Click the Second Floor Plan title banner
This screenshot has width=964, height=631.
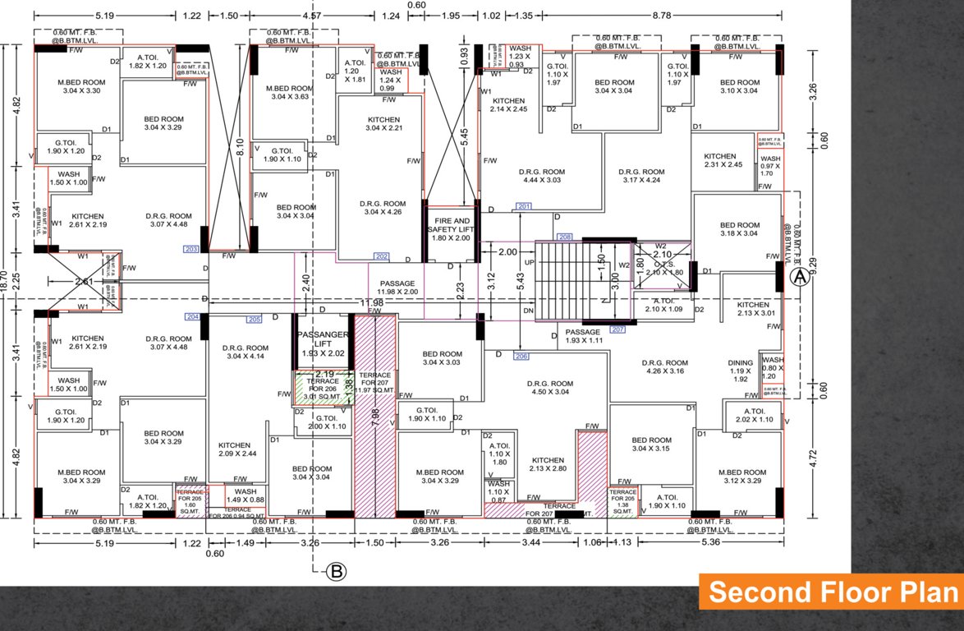(831, 592)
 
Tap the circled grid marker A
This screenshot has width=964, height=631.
(798, 278)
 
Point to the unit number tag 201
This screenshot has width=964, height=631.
(524, 205)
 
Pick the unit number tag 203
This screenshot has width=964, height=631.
(191, 248)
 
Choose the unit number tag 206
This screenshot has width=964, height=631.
(521, 356)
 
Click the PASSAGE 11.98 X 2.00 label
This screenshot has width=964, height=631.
(397, 288)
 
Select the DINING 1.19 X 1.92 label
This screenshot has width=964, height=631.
(740, 371)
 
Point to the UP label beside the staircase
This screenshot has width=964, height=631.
(529, 262)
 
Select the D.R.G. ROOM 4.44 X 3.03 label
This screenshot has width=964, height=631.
(539, 175)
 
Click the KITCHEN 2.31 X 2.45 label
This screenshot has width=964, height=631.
(723, 160)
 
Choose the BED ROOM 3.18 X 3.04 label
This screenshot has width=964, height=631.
(739, 229)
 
